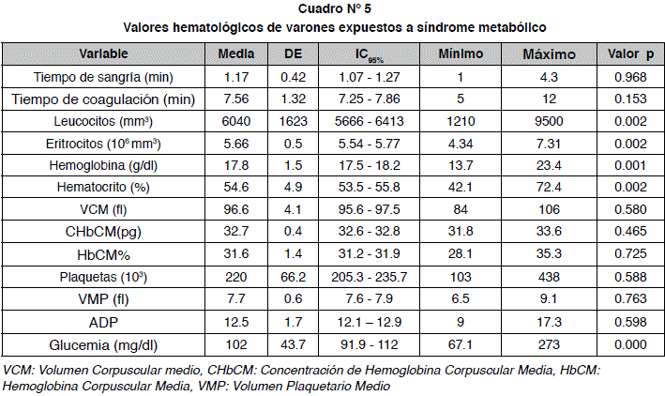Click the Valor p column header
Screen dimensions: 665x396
pyautogui.click(x=630, y=53)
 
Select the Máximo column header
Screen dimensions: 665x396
pyautogui.click(x=549, y=53)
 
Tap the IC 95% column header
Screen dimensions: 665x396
pyautogui.click(x=369, y=55)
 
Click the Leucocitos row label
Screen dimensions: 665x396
pyautogui.click(x=103, y=121)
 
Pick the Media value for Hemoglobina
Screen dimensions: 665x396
pyautogui.click(x=235, y=165)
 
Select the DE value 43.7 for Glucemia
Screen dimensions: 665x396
pyautogui.click(x=293, y=344)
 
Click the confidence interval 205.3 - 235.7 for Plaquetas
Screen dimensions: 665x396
pyautogui.click(x=369, y=277)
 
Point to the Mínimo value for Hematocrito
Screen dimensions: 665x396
pyautogui.click(x=461, y=187)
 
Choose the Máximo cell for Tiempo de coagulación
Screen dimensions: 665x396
pyautogui.click(x=549, y=99)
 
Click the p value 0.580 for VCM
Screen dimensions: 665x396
pyautogui.click(x=630, y=209)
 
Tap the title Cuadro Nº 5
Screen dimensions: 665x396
pyautogui.click(x=335, y=8)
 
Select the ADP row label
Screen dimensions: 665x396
pyautogui.click(x=103, y=323)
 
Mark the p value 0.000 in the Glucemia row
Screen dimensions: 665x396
pyautogui.click(x=630, y=344)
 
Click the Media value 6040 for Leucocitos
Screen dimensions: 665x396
pyautogui.click(x=235, y=121)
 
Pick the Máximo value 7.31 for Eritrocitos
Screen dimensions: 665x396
pyautogui.click(x=549, y=144)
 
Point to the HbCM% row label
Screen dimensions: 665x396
pyautogui.click(x=103, y=255)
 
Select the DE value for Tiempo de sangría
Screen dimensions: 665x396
pyautogui.click(x=293, y=77)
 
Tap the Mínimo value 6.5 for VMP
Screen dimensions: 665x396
pyautogui.click(x=461, y=298)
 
